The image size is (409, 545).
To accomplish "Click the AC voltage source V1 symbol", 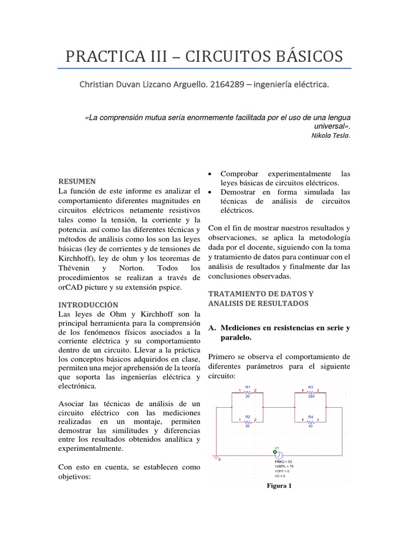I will tap(277, 456).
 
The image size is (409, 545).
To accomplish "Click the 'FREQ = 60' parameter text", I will tap(283, 461).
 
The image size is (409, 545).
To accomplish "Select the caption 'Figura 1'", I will tap(280, 485).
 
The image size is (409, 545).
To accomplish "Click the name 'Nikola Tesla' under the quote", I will tap(330, 135).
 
